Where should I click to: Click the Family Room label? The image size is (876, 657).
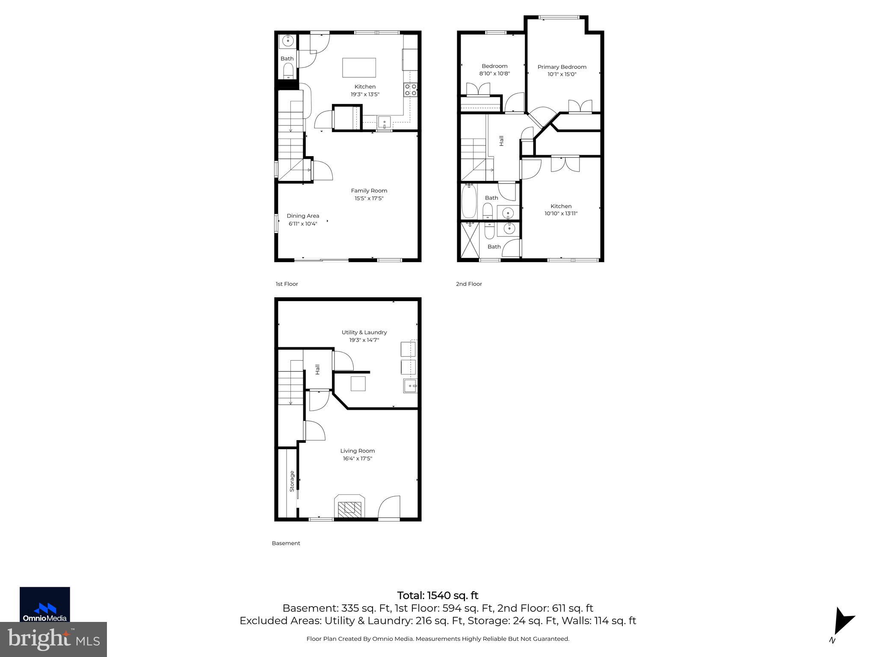(369, 191)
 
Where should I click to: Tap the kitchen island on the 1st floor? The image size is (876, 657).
(359, 68)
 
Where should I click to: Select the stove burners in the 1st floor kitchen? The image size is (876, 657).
(411, 89)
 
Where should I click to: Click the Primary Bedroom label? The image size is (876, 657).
(562, 67)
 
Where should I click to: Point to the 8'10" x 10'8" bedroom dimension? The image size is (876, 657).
(494, 74)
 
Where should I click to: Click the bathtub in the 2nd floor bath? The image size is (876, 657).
(469, 201)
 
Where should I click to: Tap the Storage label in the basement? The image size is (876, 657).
(292, 481)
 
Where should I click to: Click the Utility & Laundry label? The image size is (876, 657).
(364, 332)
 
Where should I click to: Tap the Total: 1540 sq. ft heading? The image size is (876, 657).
(438, 595)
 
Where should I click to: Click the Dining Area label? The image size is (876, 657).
(303, 216)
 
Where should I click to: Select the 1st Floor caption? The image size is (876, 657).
(287, 284)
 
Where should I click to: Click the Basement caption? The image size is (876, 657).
(286, 543)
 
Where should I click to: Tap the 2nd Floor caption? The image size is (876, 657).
(469, 284)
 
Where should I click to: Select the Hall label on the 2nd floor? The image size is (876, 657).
(501, 141)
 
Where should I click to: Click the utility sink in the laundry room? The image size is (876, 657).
(410, 386)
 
